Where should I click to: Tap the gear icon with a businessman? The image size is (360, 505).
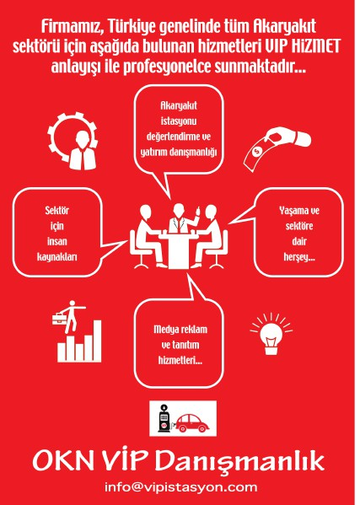pos(73,141)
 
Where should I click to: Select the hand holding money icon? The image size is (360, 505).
pos(277,148)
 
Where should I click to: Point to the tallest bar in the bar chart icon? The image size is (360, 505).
pos(97,341)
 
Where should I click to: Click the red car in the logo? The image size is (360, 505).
pos(192,423)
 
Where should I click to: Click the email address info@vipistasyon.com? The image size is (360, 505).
pos(181,487)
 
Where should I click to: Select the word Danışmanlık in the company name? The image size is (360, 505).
pos(240,461)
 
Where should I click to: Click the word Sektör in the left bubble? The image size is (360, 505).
pos(57,210)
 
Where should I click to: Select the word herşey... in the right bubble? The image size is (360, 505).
pos(299,257)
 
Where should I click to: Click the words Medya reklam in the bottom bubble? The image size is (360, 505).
pos(180,330)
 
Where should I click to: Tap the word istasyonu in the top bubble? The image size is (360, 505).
pos(179,121)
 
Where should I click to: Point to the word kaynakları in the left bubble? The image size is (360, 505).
pos(57,257)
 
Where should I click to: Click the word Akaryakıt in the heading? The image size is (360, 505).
pos(284,27)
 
